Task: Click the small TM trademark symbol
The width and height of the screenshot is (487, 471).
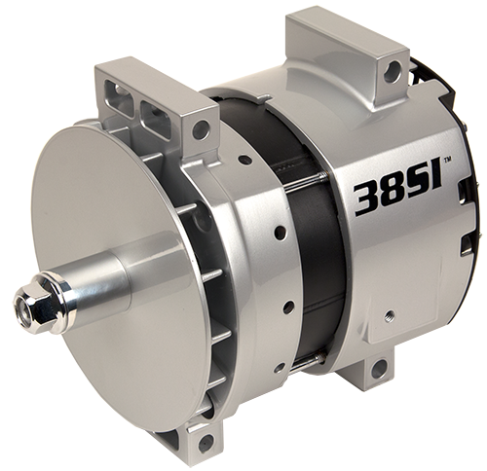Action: tap(447, 159)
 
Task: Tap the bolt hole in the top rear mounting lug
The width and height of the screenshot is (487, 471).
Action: tap(392, 71)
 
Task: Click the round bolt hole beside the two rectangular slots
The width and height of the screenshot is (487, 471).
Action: tap(202, 128)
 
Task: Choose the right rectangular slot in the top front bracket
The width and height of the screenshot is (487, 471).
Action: tap(153, 110)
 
